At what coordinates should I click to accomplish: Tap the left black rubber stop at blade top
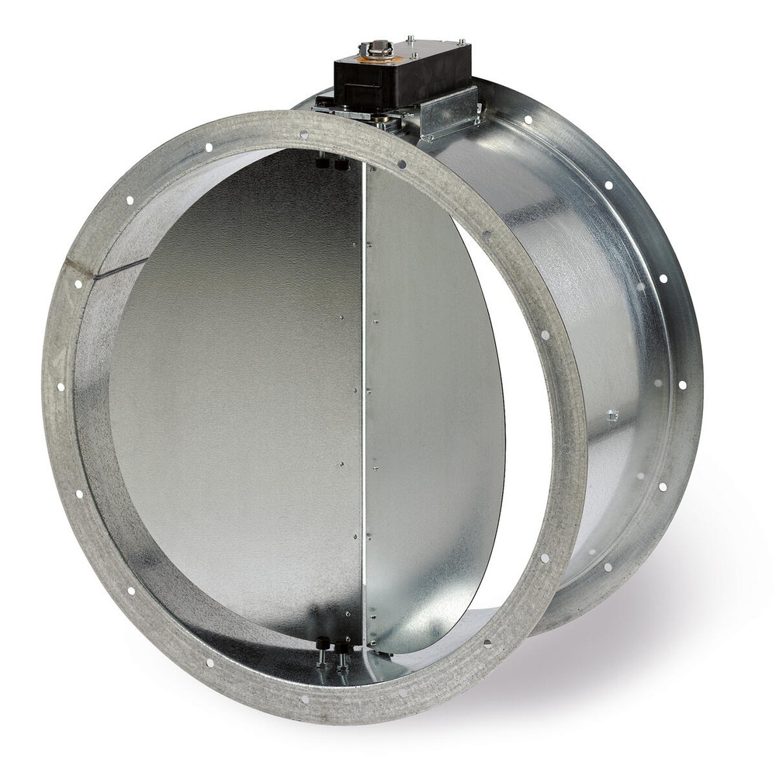[322, 162]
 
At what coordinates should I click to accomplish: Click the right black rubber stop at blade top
[341, 164]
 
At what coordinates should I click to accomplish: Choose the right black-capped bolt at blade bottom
[342, 648]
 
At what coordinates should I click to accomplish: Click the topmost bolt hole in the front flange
[303, 134]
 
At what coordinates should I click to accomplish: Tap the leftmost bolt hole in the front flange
[61, 386]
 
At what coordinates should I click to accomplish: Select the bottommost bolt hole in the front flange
[303, 698]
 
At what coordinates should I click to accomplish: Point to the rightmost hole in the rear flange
[683, 384]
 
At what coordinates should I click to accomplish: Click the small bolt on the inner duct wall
[612, 415]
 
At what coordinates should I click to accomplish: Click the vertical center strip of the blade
[363, 388]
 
